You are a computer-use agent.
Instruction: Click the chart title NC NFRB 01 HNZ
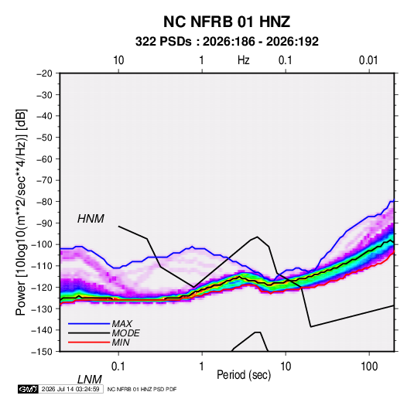pyautogui.click(x=227, y=22)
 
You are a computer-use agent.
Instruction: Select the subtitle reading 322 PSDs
pyautogui.click(x=163, y=42)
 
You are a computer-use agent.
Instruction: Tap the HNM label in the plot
pyautogui.click(x=91, y=219)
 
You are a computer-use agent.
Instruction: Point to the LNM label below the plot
pyautogui.click(x=89, y=380)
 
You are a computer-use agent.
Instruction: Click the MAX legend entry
pyautogui.click(x=121, y=323)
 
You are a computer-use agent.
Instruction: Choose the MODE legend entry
pyautogui.click(x=125, y=333)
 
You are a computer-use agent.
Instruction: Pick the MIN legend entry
pyautogui.click(x=121, y=343)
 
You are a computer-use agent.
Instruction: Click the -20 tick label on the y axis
pyautogui.click(x=44, y=73)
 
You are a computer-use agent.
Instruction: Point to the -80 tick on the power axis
pyautogui.click(x=44, y=202)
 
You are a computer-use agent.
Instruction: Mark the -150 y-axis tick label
pyautogui.click(x=42, y=352)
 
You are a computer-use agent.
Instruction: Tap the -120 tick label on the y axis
pyautogui.click(x=42, y=288)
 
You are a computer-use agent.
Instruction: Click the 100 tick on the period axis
pyautogui.click(x=369, y=366)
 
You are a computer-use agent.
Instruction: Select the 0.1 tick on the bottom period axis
pyautogui.click(x=118, y=366)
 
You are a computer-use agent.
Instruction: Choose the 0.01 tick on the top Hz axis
pyautogui.click(x=368, y=60)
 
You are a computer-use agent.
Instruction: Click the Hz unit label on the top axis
pyautogui.click(x=244, y=60)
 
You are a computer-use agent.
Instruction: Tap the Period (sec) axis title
pyautogui.click(x=244, y=375)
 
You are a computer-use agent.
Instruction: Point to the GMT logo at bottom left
pyautogui.click(x=28, y=389)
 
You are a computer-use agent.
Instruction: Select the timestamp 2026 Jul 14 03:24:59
pyautogui.click(x=70, y=389)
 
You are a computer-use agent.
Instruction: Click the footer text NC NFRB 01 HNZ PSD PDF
pyautogui.click(x=142, y=389)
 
